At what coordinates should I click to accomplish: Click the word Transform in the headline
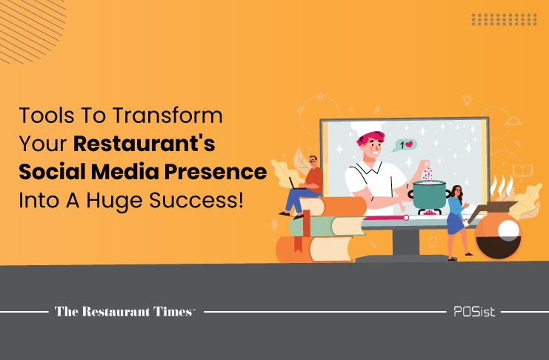point(167,116)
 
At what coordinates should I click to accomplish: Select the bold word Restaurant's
point(144,143)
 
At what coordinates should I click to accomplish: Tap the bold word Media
point(125,172)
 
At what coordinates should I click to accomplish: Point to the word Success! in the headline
point(196,200)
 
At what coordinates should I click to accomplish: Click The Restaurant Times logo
point(124,311)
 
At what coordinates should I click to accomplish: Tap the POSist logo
point(474,311)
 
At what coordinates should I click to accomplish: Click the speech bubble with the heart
point(405,145)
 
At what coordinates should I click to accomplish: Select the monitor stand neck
point(406,242)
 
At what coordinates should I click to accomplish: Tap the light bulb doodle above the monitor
point(467,99)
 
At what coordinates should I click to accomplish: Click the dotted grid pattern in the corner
point(505,19)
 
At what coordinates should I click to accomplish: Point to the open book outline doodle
point(523,170)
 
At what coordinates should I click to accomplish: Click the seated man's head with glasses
point(313,161)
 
